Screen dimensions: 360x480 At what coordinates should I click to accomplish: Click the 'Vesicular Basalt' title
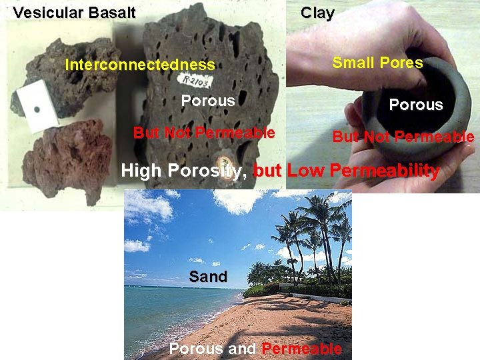pyautogui.click(x=74, y=13)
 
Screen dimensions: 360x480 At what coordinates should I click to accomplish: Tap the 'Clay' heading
pyautogui.click(x=317, y=13)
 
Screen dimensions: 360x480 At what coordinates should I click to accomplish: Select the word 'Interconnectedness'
pyautogui.click(x=140, y=65)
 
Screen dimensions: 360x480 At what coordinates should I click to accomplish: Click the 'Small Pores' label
pyautogui.click(x=377, y=63)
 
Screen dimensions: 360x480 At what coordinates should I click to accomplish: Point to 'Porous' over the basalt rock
pyautogui.click(x=208, y=101)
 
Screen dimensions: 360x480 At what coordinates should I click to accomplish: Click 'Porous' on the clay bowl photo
pyautogui.click(x=415, y=105)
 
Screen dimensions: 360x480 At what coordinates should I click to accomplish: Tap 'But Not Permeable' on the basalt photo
pyautogui.click(x=203, y=132)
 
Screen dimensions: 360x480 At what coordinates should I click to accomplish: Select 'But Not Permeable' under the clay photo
pyautogui.click(x=403, y=137)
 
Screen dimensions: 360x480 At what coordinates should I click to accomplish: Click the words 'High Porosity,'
pyautogui.click(x=185, y=171)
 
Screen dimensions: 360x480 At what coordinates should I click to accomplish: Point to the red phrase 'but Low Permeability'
pyautogui.click(x=347, y=171)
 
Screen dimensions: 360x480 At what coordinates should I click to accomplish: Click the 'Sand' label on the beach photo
pyautogui.click(x=208, y=276)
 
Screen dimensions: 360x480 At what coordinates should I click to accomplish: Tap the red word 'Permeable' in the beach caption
pyautogui.click(x=301, y=349)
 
